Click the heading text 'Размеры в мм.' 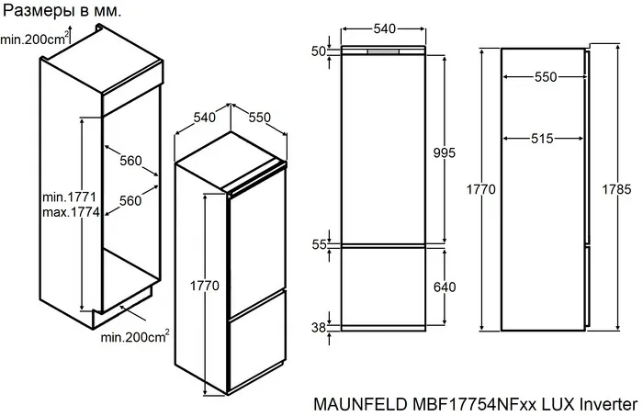click(62, 11)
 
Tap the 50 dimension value click(319, 51)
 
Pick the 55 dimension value click(319, 245)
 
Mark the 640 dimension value click(446, 287)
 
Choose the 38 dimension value click(319, 326)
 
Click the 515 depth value click(541, 139)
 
